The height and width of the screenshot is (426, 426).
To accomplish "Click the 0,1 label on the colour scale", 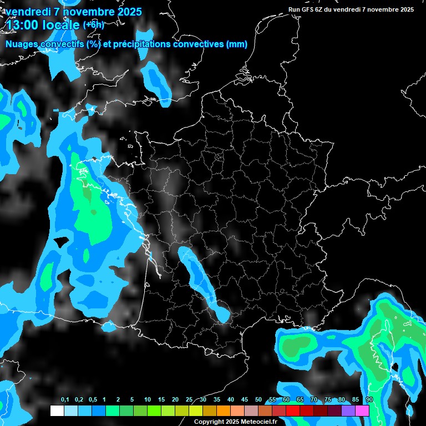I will [x=65, y=399].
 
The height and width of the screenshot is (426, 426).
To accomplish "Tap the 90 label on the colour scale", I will [x=369, y=399].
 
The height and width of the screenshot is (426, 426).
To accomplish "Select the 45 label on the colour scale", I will [x=245, y=399].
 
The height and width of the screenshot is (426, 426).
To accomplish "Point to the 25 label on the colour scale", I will [x=189, y=399].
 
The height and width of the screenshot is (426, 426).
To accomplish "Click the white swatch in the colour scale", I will [x=57, y=410].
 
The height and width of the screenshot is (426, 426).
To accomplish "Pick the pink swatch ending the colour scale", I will [x=362, y=410].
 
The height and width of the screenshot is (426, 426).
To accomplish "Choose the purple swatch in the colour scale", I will [x=348, y=410].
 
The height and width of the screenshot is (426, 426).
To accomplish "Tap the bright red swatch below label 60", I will [x=293, y=410].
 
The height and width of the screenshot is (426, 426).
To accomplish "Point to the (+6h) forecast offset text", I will [x=93, y=24].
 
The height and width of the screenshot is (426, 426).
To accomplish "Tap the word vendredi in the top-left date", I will [x=28, y=12].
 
